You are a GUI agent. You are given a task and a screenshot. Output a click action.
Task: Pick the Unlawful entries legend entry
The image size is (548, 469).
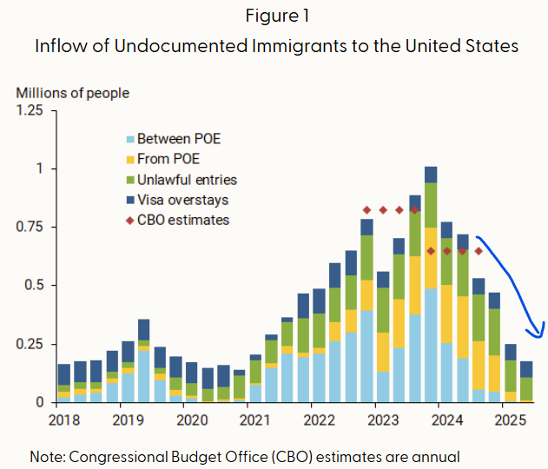pyautogui.click(x=186, y=180)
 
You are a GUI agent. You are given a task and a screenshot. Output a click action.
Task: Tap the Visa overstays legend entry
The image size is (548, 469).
pyautogui.click(x=182, y=200)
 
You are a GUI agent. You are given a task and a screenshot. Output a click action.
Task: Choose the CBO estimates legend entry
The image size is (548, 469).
pyautogui.click(x=182, y=220)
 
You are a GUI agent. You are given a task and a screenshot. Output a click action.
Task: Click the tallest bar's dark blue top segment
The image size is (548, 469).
pyautogui.click(x=431, y=175)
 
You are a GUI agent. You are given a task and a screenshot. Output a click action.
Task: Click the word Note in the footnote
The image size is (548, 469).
pyautogui.click(x=45, y=456)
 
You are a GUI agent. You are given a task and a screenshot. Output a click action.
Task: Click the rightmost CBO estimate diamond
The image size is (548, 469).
pyautogui.click(x=479, y=251)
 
